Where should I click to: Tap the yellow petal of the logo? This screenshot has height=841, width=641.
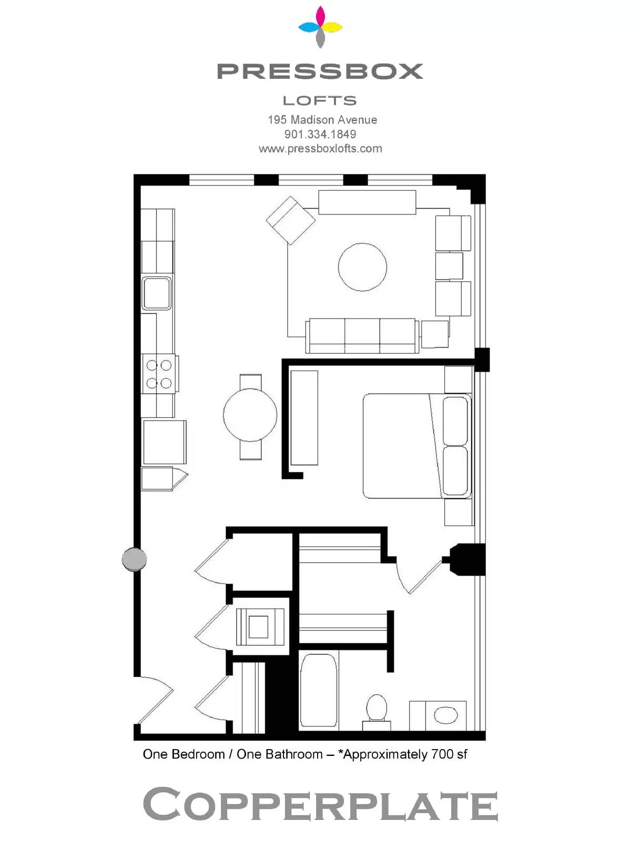coord(332,27)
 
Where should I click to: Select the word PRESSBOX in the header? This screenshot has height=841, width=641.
coord(320,71)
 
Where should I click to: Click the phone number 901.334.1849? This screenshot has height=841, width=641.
coord(320,134)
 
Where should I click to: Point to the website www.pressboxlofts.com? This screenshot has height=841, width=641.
coord(320,149)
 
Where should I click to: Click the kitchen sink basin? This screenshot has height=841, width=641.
coord(156,293)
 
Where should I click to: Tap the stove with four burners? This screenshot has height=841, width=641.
coord(159,374)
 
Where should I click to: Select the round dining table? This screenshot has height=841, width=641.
coord(250,415)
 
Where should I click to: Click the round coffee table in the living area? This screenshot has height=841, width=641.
coord(362,266)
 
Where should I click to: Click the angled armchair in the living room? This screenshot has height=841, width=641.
coord(290,220)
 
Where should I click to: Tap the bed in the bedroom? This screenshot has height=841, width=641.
coord(417,446)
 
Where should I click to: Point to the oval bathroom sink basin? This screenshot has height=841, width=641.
coord(446,714)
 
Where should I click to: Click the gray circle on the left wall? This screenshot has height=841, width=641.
coord(134,559)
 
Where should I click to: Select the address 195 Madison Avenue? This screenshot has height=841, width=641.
coord(322,120)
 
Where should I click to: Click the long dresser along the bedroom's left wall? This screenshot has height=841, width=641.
coord(304,418)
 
